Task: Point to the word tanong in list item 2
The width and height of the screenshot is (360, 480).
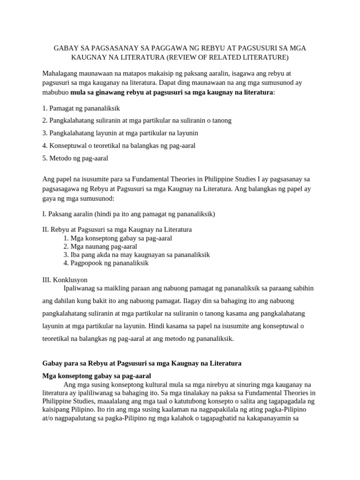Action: [x=221, y=120]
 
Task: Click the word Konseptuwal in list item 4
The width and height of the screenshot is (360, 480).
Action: [x=70, y=146]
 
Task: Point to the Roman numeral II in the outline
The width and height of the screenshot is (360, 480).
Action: [x=45, y=230]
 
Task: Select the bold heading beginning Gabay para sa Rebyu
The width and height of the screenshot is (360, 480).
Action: [x=142, y=363]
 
